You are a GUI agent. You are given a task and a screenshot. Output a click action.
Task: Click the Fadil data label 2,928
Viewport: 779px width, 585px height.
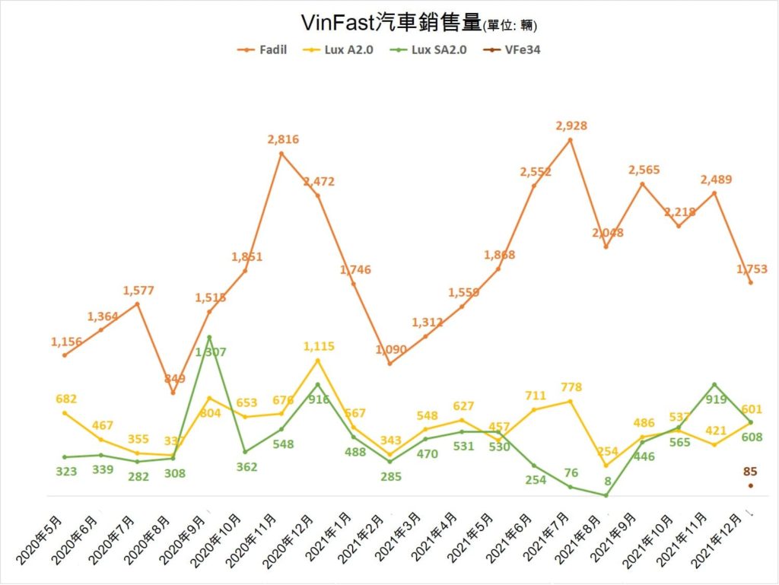[x=571, y=126]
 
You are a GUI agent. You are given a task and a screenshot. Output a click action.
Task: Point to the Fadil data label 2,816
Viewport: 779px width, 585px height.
[x=283, y=139]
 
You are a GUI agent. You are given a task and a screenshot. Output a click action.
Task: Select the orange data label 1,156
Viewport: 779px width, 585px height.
[x=67, y=342]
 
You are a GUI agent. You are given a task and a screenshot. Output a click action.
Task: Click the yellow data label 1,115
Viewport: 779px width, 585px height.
[x=318, y=346]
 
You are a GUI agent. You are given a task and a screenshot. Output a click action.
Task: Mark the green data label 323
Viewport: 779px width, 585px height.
[x=67, y=471]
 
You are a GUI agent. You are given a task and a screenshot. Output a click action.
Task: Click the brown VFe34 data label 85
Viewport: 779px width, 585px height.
[x=750, y=472]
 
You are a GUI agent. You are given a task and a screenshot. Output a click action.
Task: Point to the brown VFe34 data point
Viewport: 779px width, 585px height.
[x=750, y=485]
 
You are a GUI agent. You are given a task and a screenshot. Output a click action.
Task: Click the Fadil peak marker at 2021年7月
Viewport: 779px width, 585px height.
[x=571, y=140]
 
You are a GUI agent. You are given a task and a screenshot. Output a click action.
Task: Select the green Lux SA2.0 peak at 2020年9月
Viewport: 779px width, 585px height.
[x=209, y=337]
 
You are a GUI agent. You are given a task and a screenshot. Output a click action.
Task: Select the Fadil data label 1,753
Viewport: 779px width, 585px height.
[x=751, y=269]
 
